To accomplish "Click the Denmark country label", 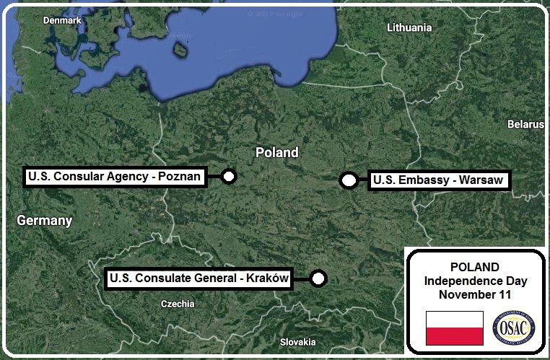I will [x=62, y=21].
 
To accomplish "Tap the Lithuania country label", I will [x=409, y=28].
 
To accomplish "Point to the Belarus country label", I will [x=525, y=124].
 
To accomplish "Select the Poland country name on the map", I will [x=277, y=153].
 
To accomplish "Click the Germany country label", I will [x=45, y=221].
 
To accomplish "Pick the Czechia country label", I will [x=177, y=304].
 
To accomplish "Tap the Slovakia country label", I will [x=297, y=341].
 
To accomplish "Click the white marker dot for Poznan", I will [x=229, y=176].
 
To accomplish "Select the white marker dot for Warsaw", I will [x=349, y=180].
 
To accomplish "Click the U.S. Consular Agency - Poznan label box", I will [x=114, y=176].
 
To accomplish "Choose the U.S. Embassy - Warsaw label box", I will [x=437, y=180].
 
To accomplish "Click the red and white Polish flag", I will [x=454, y=328].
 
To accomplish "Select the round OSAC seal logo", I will [x=512, y=328].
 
